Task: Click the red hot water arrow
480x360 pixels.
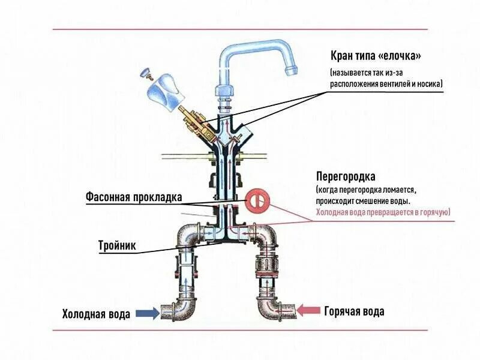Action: (x=310, y=310)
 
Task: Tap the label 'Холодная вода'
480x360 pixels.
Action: (x=96, y=314)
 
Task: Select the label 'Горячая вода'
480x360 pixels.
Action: (x=354, y=311)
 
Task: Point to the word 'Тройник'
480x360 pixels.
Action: (x=117, y=245)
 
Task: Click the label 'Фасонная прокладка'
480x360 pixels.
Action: (x=133, y=197)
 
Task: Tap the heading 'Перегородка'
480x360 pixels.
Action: (x=346, y=177)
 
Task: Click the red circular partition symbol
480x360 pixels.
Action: (x=257, y=201)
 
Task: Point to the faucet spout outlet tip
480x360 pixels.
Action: (x=292, y=71)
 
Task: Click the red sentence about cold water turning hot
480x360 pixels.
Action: (x=383, y=212)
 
